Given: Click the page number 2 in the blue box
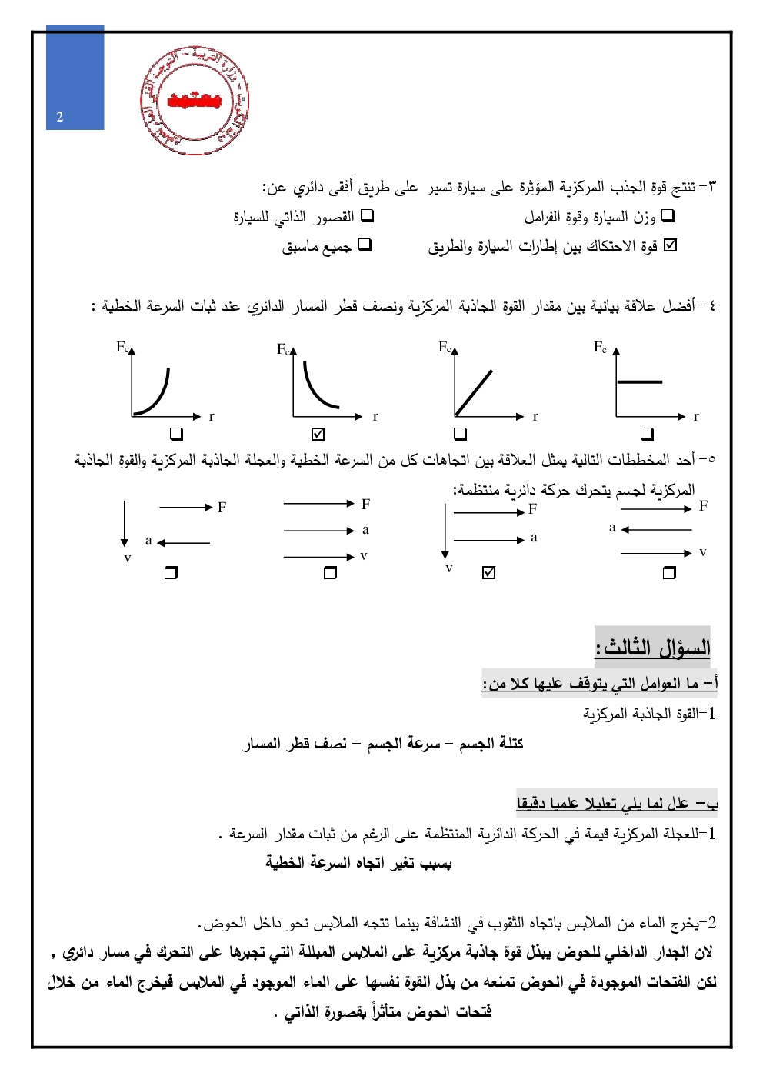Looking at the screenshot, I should pyautogui.click(x=60, y=117).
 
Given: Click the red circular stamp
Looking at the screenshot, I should pyautogui.click(x=195, y=101).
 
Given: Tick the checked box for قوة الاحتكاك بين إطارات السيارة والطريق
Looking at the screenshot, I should pyautogui.click(x=670, y=245).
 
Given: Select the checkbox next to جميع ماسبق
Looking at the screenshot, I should pyautogui.click(x=365, y=245).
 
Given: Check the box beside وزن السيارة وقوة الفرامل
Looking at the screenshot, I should pyautogui.click(x=668, y=216).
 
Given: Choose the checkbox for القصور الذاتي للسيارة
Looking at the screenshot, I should pyautogui.click(x=367, y=216).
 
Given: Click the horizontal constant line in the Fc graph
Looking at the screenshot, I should pyautogui.click(x=639, y=381).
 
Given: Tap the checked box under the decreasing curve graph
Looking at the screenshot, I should pyautogui.click(x=318, y=434).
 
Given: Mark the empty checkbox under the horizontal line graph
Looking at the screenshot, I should pyautogui.click(x=647, y=434).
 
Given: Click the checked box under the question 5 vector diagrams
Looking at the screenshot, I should pyautogui.click(x=488, y=572).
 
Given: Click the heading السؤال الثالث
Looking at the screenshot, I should pyautogui.click(x=653, y=647).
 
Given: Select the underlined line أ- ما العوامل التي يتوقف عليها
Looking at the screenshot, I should pyautogui.click(x=601, y=683).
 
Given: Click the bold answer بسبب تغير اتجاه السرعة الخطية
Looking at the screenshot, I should pyautogui.click(x=358, y=863).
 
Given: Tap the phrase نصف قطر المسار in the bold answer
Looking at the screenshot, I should pyautogui.click(x=295, y=744).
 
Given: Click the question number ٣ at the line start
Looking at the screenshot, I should pyautogui.click(x=711, y=187).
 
